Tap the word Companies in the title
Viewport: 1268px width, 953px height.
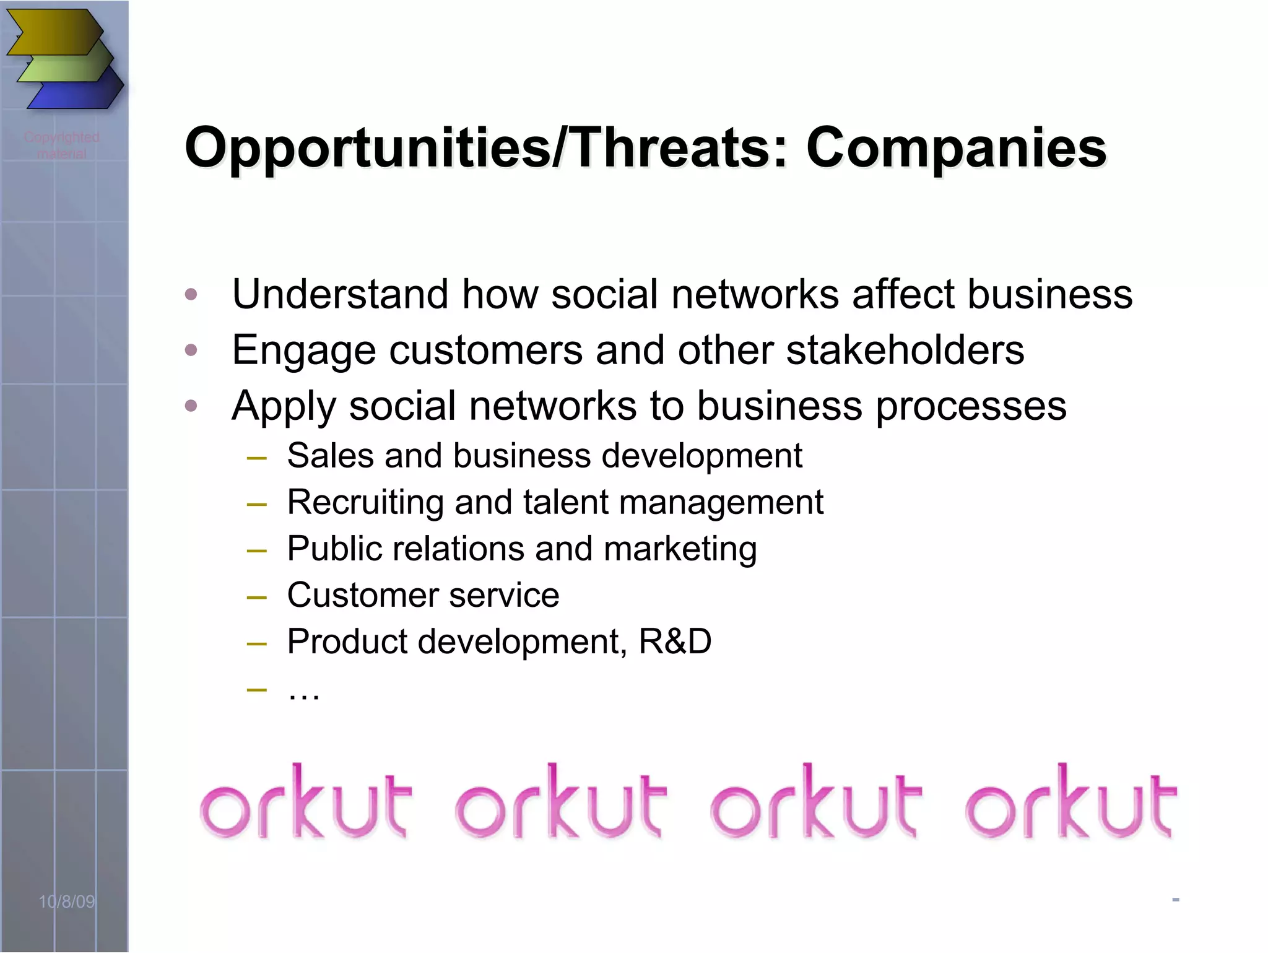click(956, 149)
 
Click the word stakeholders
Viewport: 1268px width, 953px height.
click(905, 350)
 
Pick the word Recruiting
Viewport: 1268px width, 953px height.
click(365, 502)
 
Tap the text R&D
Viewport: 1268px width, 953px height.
click(675, 642)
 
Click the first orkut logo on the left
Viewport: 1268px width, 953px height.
click(305, 803)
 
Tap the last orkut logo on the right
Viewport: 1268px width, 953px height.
click(1070, 803)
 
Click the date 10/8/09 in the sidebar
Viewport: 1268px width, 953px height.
click(67, 902)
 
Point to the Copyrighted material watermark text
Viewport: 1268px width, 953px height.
click(62, 145)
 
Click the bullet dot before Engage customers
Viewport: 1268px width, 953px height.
click(191, 350)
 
